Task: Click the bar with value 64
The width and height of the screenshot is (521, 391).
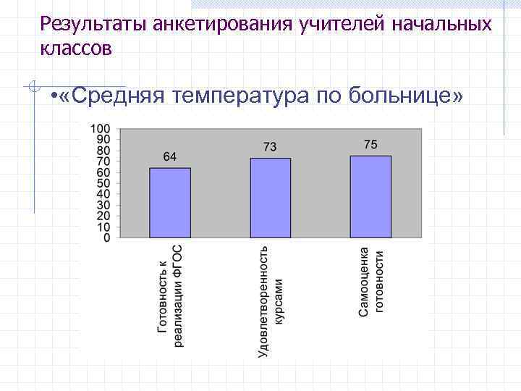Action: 170,203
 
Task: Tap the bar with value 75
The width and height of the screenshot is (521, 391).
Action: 370,196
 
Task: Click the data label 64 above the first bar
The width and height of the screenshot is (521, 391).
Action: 170,157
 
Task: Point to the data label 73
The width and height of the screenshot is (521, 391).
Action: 270,147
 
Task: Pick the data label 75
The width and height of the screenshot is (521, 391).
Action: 370,145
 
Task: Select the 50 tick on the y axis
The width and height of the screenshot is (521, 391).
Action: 103,183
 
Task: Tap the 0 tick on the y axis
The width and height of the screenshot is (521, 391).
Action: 107,237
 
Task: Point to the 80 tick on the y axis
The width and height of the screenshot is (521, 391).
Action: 103,151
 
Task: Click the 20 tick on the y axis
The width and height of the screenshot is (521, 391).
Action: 103,216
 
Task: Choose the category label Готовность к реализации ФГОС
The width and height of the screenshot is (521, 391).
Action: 171,295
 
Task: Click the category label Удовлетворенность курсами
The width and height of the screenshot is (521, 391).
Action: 271,300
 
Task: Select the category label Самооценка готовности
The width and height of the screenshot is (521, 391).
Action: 371,282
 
